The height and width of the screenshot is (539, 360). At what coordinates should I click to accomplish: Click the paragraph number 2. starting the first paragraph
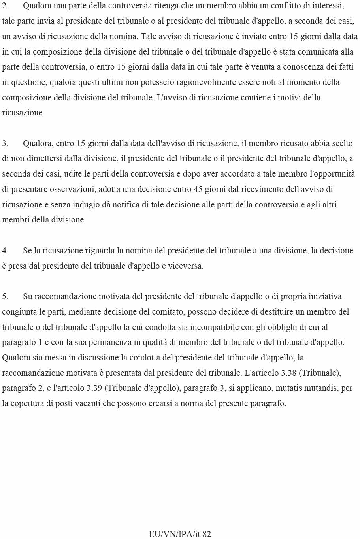(x=5, y=6)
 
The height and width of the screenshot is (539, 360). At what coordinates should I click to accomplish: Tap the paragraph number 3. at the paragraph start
(x=5, y=143)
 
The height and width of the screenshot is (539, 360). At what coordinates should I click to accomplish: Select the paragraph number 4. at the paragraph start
(x=5, y=251)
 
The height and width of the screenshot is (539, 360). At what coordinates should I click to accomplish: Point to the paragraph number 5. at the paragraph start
(x=5, y=296)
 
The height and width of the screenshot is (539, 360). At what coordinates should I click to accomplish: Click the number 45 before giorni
(x=198, y=189)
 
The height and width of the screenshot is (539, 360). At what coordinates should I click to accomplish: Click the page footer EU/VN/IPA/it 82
(x=180, y=534)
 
